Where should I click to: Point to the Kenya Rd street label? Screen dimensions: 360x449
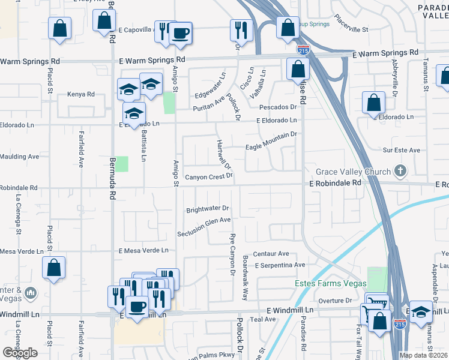81,94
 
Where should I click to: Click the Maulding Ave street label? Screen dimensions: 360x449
19,156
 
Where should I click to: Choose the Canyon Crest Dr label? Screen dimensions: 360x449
208,177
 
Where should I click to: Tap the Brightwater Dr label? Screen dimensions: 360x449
208,209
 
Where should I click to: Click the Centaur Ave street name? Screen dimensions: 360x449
271,254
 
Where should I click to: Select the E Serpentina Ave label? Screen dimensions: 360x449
280,265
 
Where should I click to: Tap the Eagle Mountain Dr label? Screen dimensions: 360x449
271,141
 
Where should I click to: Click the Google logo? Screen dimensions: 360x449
20,352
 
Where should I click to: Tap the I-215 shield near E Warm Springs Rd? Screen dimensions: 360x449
304,49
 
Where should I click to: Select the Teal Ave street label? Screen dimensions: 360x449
264,319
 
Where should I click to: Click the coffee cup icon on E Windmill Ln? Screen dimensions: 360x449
137,307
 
